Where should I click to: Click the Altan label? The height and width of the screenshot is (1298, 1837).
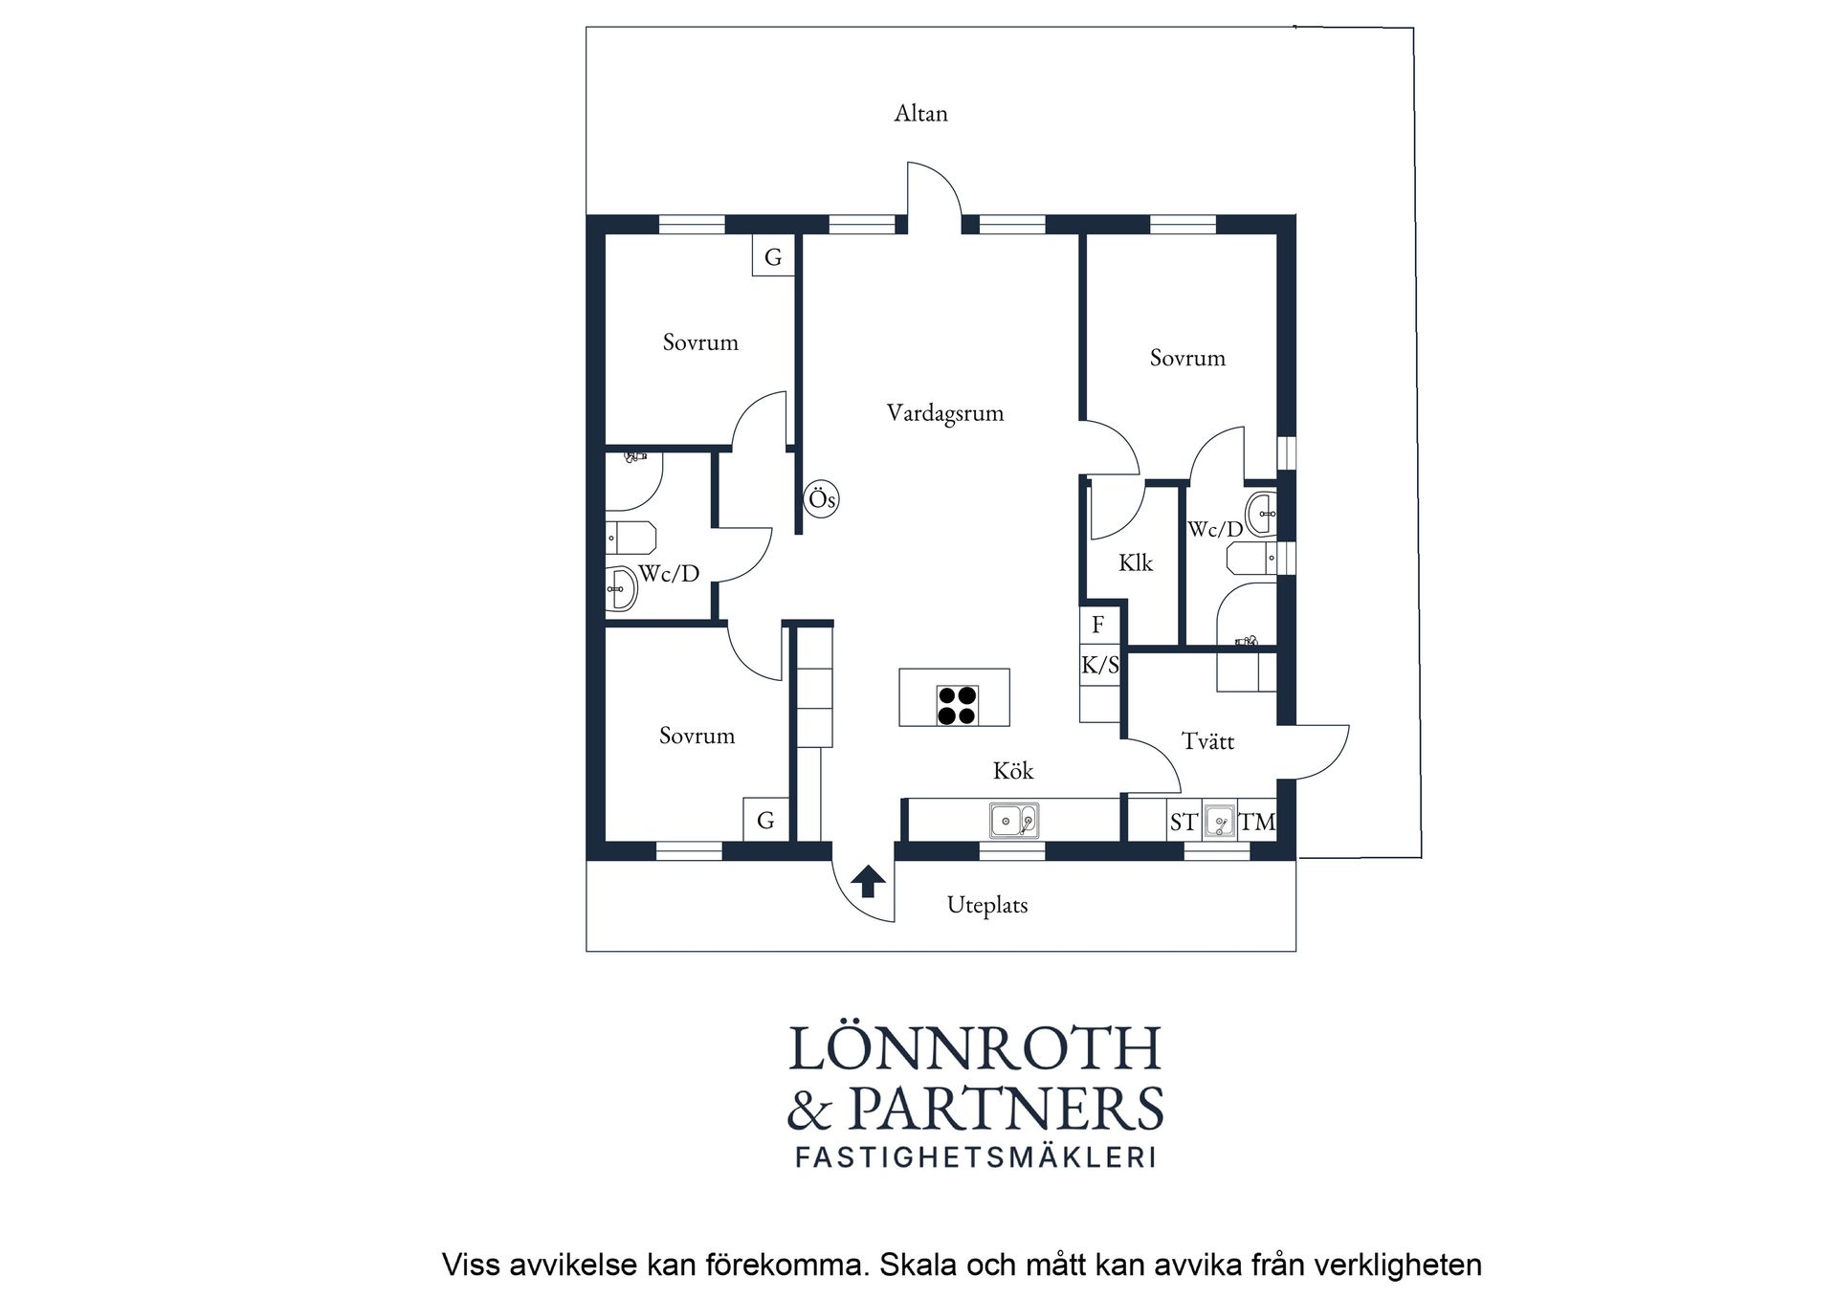[x=920, y=113]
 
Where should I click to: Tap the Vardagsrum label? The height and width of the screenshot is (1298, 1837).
[x=944, y=413]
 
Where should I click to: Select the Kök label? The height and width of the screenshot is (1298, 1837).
[x=1012, y=770]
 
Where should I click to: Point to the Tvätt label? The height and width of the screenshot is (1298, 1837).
[x=1207, y=741]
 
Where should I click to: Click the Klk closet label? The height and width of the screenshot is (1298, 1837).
[x=1136, y=562]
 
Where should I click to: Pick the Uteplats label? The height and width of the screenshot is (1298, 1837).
[x=987, y=905]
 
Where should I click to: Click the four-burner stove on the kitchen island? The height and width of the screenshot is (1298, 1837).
[x=957, y=706]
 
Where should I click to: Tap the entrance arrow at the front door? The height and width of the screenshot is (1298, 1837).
[x=868, y=881]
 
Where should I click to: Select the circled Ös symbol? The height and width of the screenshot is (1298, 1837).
[x=822, y=498]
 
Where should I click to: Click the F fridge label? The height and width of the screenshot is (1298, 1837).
[x=1098, y=625]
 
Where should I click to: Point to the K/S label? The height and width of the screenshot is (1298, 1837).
[x=1099, y=666]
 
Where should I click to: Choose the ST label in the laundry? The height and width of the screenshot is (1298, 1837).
[x=1184, y=823]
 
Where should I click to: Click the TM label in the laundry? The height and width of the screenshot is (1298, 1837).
[x=1257, y=822]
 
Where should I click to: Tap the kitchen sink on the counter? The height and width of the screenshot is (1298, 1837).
[x=1014, y=821]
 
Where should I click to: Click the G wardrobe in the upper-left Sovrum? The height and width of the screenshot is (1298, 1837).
[x=773, y=256]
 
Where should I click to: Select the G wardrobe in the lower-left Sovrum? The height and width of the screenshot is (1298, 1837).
[x=765, y=820]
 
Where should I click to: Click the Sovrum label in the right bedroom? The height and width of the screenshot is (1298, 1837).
[x=1187, y=358]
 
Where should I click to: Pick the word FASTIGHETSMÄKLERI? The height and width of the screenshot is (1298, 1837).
[x=976, y=1156]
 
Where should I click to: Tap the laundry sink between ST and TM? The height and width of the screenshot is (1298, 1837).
[x=1219, y=821]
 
